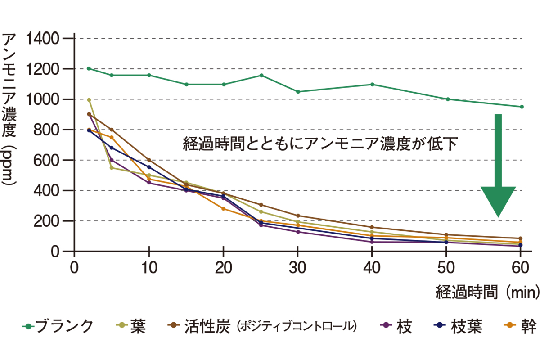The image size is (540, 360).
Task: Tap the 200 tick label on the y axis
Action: [47, 221]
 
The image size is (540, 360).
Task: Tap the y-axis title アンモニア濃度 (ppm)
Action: [10, 108]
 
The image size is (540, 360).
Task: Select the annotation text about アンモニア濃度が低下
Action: [320, 144]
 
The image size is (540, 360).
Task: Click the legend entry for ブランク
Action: [58, 326]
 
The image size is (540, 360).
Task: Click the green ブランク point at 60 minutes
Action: [522, 107]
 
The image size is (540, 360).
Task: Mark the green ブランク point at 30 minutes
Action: [298, 92]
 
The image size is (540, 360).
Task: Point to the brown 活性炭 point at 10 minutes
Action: [149, 160]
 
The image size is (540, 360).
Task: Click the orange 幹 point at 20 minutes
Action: [223, 208]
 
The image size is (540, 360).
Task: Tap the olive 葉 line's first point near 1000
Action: [89, 100]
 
